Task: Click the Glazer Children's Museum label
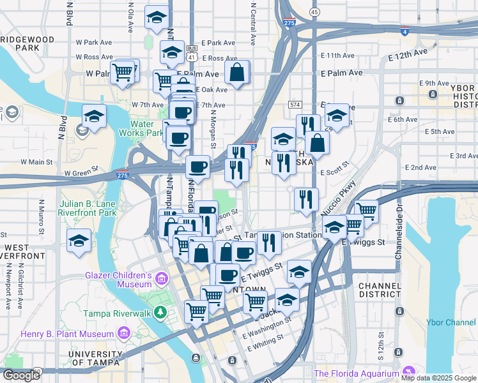click(118, 280)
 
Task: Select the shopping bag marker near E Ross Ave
click(236, 73)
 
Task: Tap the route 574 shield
click(295, 104)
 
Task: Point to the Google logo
click(21, 375)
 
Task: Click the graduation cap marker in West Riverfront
click(79, 241)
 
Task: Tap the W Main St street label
click(36, 162)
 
